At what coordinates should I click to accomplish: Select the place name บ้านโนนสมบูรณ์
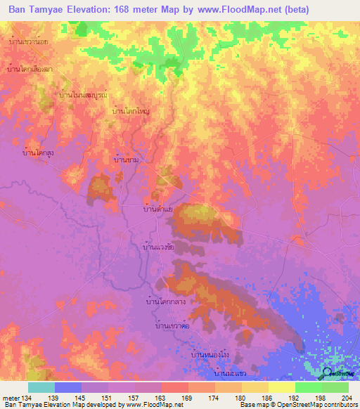pyautogui.click(x=84, y=94)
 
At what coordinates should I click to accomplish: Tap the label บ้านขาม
pyautogui.click(x=130, y=160)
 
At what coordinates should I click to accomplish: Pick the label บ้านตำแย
pyautogui.click(x=159, y=209)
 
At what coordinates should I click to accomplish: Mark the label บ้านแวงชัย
pyautogui.click(x=159, y=248)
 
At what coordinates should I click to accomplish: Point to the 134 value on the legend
pyautogui.click(x=22, y=398)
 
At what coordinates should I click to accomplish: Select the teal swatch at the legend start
pyautogui.click(x=41, y=387)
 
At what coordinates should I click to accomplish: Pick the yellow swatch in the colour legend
pyautogui.click(x=281, y=387)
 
